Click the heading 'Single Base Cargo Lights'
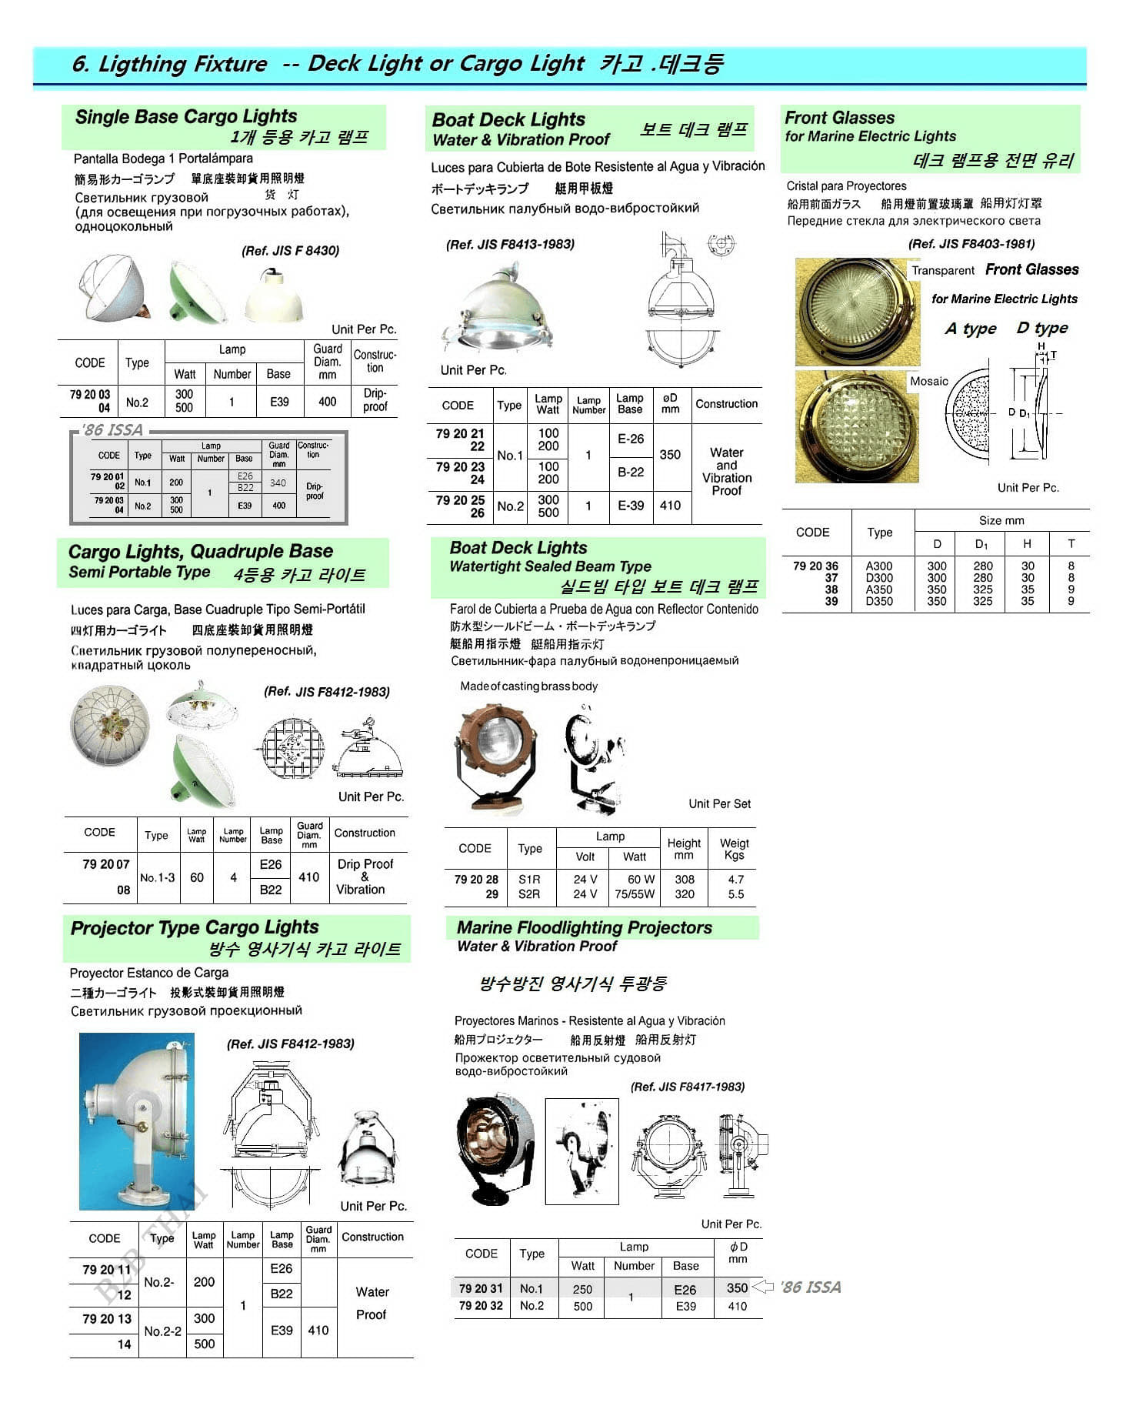coord(186,117)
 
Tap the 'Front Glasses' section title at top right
coord(839,118)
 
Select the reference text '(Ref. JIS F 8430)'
coord(290,251)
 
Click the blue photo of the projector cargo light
coord(137,1121)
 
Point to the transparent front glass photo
coord(857,312)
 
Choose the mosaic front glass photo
coord(856,428)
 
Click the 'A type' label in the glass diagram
coord(970,329)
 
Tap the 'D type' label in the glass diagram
coord(1041,328)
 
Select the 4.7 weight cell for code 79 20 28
coord(735,880)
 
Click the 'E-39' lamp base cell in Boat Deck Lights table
coord(631,506)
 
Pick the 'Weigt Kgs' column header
coord(734,849)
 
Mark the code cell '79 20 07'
coord(106,864)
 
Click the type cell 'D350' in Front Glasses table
coord(879,601)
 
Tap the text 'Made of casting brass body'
coord(528,686)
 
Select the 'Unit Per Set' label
coord(719,804)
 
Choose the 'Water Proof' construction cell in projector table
coord(372,1303)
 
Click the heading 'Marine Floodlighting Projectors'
coord(585,928)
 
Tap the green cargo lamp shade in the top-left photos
coord(198,293)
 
